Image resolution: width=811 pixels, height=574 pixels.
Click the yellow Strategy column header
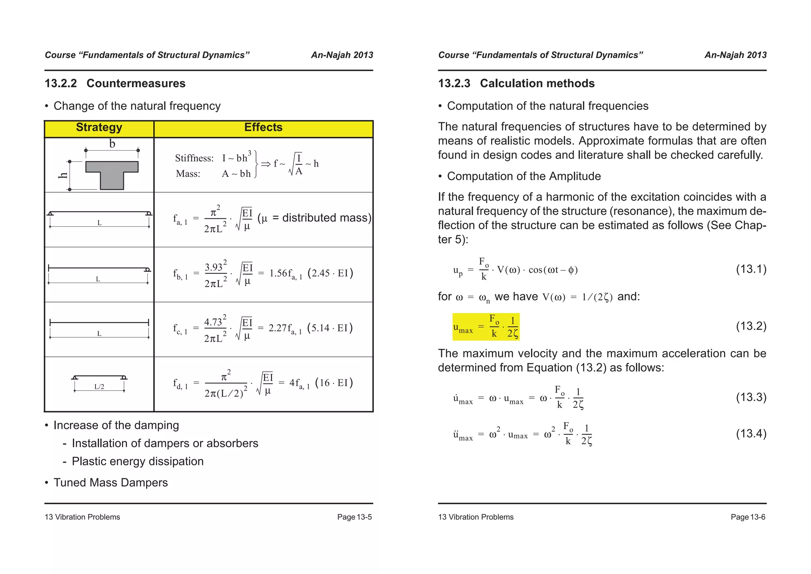coord(99,128)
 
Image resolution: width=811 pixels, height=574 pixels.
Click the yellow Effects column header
coord(263,128)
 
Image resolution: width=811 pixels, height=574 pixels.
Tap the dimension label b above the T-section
coord(112,144)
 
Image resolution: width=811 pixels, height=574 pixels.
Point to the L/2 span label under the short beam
coord(99,387)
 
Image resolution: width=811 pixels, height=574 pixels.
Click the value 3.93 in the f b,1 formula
coord(214,268)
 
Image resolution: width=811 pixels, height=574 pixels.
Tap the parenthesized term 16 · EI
coord(334,383)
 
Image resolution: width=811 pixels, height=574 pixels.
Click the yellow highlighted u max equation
coord(486,327)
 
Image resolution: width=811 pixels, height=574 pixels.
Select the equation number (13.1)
coord(751,269)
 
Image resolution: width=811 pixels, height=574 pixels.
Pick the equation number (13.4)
coord(751,434)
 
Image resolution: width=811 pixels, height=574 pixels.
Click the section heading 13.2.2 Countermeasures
coord(115,84)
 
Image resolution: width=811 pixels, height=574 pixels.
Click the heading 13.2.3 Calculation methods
coord(516,84)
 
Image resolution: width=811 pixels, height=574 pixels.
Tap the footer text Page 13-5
coord(354,517)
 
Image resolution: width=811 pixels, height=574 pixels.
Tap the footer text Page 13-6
coord(748,517)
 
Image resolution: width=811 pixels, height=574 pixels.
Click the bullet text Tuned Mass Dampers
coord(110,483)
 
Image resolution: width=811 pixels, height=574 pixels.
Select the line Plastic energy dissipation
coord(137,461)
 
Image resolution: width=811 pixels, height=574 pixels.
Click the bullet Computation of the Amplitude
coord(524,176)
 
